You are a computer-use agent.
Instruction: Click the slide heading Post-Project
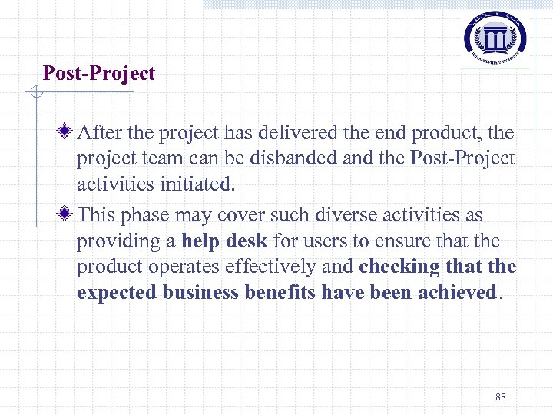tap(98, 74)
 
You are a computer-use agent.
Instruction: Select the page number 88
tap(501, 397)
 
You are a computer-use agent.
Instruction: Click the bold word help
tap(200, 241)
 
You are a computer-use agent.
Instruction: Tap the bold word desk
tap(247, 241)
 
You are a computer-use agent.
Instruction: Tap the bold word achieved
tap(458, 293)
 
